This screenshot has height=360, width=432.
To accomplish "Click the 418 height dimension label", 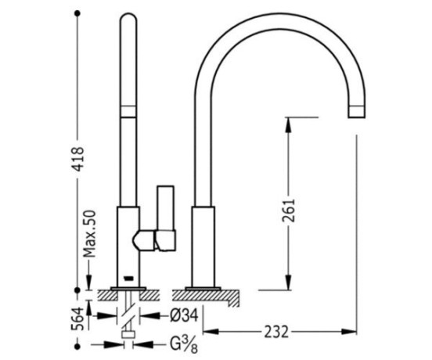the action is click(77, 159).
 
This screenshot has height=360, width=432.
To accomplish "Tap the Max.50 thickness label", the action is click(90, 234).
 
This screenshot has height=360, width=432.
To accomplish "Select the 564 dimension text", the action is click(77, 319).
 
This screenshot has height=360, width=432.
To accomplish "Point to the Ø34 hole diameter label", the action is click(184, 315).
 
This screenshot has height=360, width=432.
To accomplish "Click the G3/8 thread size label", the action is click(183, 345).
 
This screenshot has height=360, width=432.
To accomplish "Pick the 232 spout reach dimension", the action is click(276, 332).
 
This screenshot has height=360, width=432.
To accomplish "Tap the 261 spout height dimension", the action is click(289, 211).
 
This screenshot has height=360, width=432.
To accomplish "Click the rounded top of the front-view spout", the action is click(128, 17).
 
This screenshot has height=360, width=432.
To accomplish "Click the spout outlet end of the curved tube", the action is click(357, 112).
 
